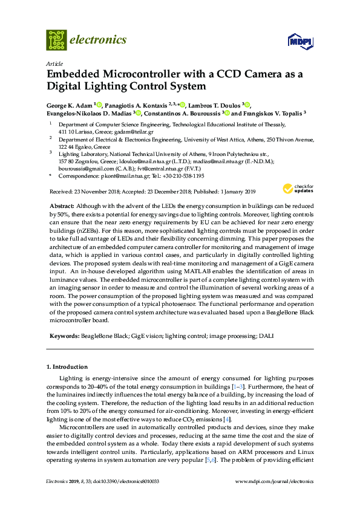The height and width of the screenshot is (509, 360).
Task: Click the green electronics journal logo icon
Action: (x=56, y=40)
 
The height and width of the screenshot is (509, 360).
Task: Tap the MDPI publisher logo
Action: (x=300, y=42)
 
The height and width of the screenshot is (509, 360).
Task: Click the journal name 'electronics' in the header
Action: (x=99, y=40)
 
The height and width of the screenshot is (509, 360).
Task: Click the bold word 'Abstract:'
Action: (x=62, y=207)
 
